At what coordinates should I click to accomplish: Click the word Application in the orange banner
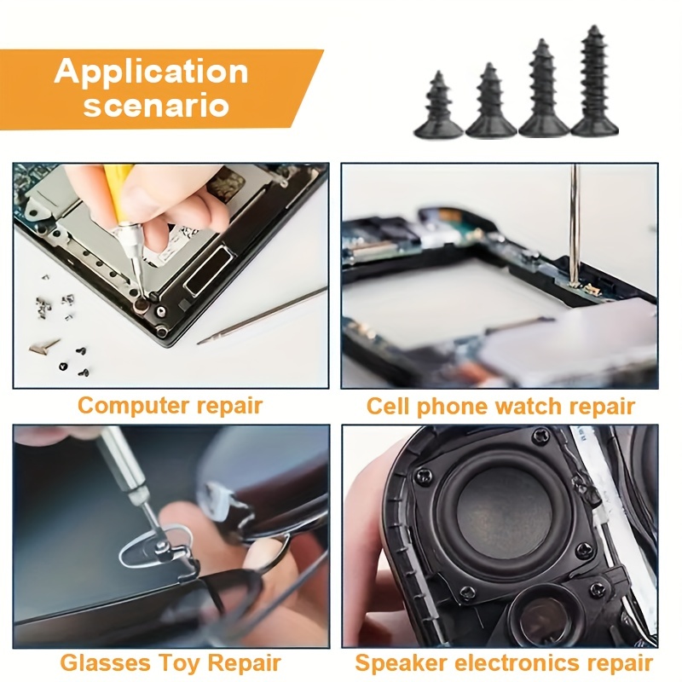152,72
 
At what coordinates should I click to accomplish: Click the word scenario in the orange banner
156,106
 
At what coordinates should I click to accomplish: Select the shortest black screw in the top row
438,106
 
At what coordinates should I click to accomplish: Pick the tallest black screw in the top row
594,81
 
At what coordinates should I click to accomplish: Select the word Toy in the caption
179,664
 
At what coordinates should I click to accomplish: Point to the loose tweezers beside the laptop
262,315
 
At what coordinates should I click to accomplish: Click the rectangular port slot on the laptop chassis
209,269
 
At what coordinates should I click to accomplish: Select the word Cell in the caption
388,406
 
